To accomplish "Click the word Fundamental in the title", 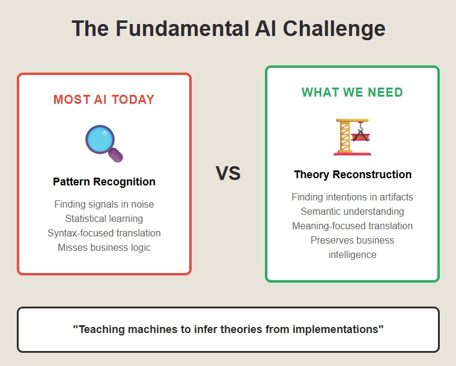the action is [x=183, y=28].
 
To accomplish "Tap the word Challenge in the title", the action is [x=334, y=29].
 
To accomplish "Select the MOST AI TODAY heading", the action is [x=104, y=100].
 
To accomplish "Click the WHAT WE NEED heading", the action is [x=352, y=92].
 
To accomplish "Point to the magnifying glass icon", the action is [x=104, y=143].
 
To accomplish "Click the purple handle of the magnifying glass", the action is [x=116, y=155].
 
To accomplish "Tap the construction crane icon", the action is [x=352, y=137].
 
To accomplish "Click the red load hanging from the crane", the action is [x=360, y=137].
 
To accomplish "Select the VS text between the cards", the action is [x=228, y=173].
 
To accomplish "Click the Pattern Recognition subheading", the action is [x=104, y=182].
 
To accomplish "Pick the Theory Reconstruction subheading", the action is [x=353, y=175].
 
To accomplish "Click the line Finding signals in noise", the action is [x=104, y=204].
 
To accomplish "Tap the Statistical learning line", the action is [x=104, y=219].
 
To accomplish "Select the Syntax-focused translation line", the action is [x=104, y=233].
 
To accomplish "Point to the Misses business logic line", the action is [x=104, y=247].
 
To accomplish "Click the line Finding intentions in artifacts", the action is [x=352, y=197].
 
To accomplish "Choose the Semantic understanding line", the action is [x=352, y=211].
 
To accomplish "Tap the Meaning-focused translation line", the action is [x=352, y=226].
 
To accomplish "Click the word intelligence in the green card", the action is [x=352, y=255].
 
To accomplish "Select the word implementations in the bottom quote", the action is [x=337, y=329].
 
